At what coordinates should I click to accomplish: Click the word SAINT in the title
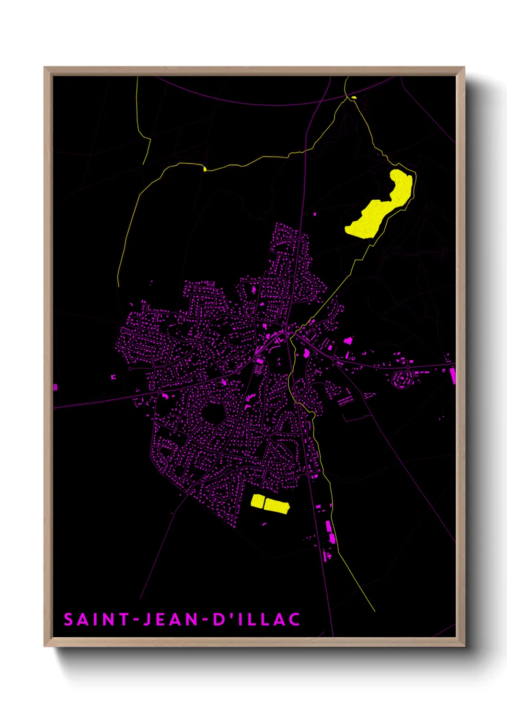pyautogui.click(x=96, y=619)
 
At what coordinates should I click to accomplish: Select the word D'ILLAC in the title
pyautogui.click(x=256, y=619)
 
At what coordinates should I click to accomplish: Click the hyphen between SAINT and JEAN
pyautogui.click(x=137, y=620)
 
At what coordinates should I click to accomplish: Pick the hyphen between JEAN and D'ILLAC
pyautogui.click(x=205, y=620)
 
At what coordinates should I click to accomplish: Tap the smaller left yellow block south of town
pyautogui.click(x=257, y=501)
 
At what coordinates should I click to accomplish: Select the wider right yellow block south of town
pyautogui.click(x=277, y=505)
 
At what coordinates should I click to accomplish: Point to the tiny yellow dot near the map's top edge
pyautogui.click(x=354, y=98)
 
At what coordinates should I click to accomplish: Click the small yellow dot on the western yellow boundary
pyautogui.click(x=205, y=169)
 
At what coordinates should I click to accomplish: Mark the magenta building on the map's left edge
pyautogui.click(x=55, y=387)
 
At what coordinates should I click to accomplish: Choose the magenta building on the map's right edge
pyautogui.click(x=452, y=376)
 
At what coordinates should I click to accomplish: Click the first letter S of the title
pyautogui.click(x=69, y=619)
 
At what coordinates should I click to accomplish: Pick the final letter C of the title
pyautogui.click(x=294, y=619)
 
